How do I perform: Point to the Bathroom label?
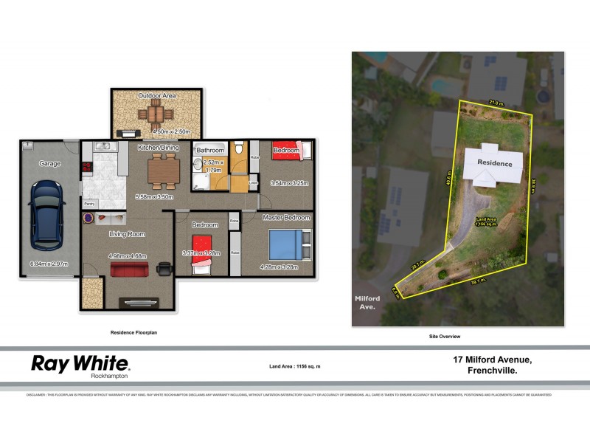pos(209,150)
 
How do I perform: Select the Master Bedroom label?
pos(286,218)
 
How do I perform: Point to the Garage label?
pos(50,163)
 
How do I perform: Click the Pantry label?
pos(90,203)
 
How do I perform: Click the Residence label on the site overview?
pos(493,162)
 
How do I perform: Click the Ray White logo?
pos(80,365)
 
